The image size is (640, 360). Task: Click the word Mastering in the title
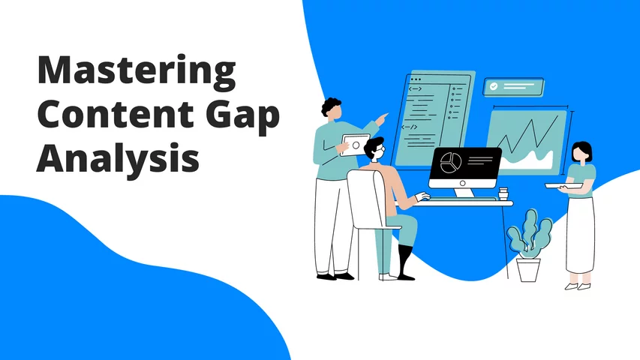tap(137, 72)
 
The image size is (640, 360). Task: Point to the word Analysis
tap(118, 159)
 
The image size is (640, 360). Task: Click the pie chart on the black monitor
tap(451, 163)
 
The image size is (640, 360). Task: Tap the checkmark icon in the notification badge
tap(494, 86)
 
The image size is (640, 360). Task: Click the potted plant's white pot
tap(528, 270)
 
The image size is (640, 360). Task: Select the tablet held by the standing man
tap(354, 145)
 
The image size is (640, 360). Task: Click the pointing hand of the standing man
tap(382, 119)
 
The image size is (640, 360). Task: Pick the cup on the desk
tap(503, 193)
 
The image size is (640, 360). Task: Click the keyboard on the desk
tap(463, 199)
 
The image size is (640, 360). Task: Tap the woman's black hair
tap(582, 149)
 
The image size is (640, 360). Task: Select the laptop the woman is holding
tap(563, 186)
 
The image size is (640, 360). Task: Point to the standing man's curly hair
tap(331, 105)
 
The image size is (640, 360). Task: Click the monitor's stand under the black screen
tap(463, 193)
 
